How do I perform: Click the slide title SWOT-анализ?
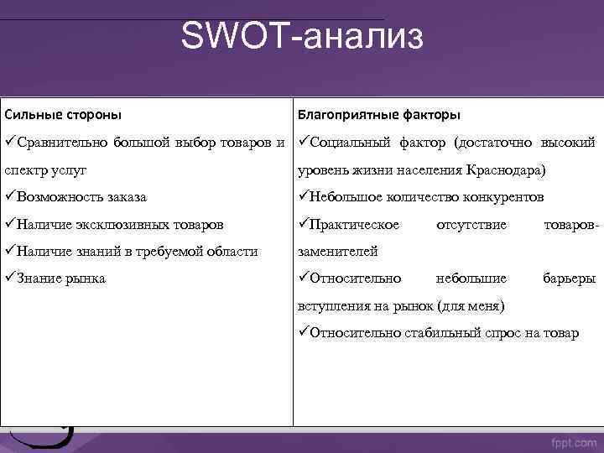click(x=303, y=38)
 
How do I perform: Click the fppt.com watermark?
click(x=573, y=441)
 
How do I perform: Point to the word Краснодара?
click(x=501, y=170)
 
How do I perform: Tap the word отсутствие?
click(x=471, y=224)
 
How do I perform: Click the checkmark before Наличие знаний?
click(x=10, y=251)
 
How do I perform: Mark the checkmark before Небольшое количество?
click(x=304, y=197)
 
